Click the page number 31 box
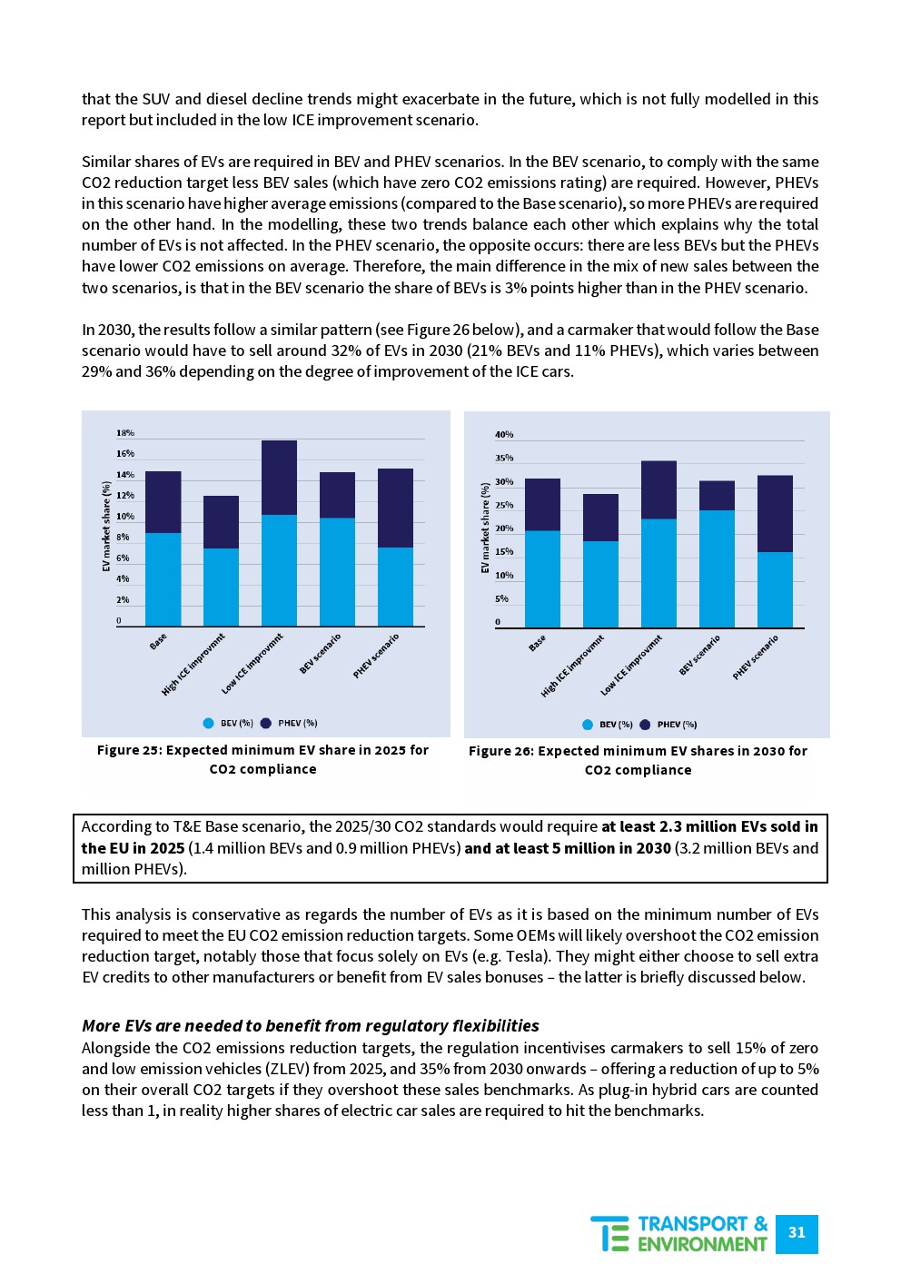pos(797,1233)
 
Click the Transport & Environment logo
pos(679,1234)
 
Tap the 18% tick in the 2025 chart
pos(125,433)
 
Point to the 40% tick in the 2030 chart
pos(504,435)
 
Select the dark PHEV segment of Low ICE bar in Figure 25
pos(279,478)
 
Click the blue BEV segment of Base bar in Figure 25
pos(163,579)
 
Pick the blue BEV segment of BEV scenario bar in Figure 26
pos(717,568)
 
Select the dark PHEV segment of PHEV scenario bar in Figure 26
pos(775,513)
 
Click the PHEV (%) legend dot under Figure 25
pos(266,724)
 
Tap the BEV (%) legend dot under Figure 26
pos(588,725)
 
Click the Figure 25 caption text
pos(262,759)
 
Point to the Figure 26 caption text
pos(638,760)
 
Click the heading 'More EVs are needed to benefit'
pos(311,1026)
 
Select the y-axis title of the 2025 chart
pos(106,527)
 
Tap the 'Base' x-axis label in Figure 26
pos(538,643)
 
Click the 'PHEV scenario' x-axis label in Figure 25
pos(377,656)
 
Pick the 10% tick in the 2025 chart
pos(125,517)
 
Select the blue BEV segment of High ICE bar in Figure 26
pos(600,584)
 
